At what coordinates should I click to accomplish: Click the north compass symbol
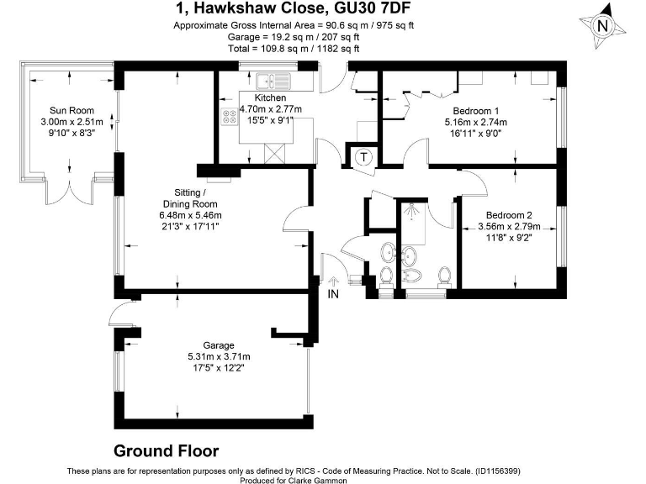[601, 26]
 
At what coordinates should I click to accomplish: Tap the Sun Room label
[71, 111]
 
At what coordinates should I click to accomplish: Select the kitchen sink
[270, 82]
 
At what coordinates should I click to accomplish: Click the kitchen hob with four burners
[229, 116]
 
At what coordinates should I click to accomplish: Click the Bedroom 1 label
[476, 111]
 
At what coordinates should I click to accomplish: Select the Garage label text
[218, 345]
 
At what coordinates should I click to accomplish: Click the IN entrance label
[333, 294]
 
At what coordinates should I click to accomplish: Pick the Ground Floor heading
[166, 450]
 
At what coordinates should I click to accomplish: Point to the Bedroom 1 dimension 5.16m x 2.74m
[476, 122]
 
